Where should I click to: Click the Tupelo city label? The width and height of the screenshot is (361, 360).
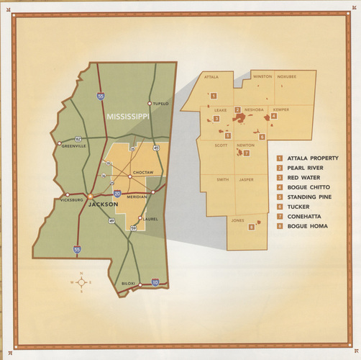coord(159,104)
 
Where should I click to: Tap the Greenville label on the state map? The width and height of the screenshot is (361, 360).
coord(73,145)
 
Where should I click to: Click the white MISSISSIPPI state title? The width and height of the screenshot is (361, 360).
coord(125,116)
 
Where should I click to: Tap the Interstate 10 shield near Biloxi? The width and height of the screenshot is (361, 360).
coord(154,283)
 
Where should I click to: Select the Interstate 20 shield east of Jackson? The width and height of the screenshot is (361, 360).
coord(116,194)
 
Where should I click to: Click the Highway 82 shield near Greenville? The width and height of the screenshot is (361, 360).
coord(78,138)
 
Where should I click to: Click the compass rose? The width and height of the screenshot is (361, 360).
coord(81,282)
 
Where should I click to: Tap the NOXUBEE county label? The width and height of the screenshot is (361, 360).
coord(286,76)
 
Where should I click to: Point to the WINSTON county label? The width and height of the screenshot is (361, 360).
coord(262,76)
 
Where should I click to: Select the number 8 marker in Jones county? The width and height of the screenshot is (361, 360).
coord(250,228)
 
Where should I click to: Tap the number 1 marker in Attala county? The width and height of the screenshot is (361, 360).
coord(213,95)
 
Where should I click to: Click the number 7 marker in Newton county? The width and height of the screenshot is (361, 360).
coord(246,153)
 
